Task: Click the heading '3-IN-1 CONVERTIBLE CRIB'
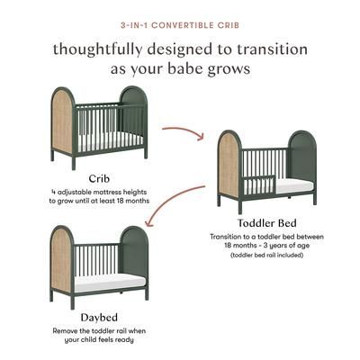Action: point(180,22)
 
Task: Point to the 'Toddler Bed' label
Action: point(267,223)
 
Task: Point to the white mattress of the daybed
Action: point(99,282)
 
